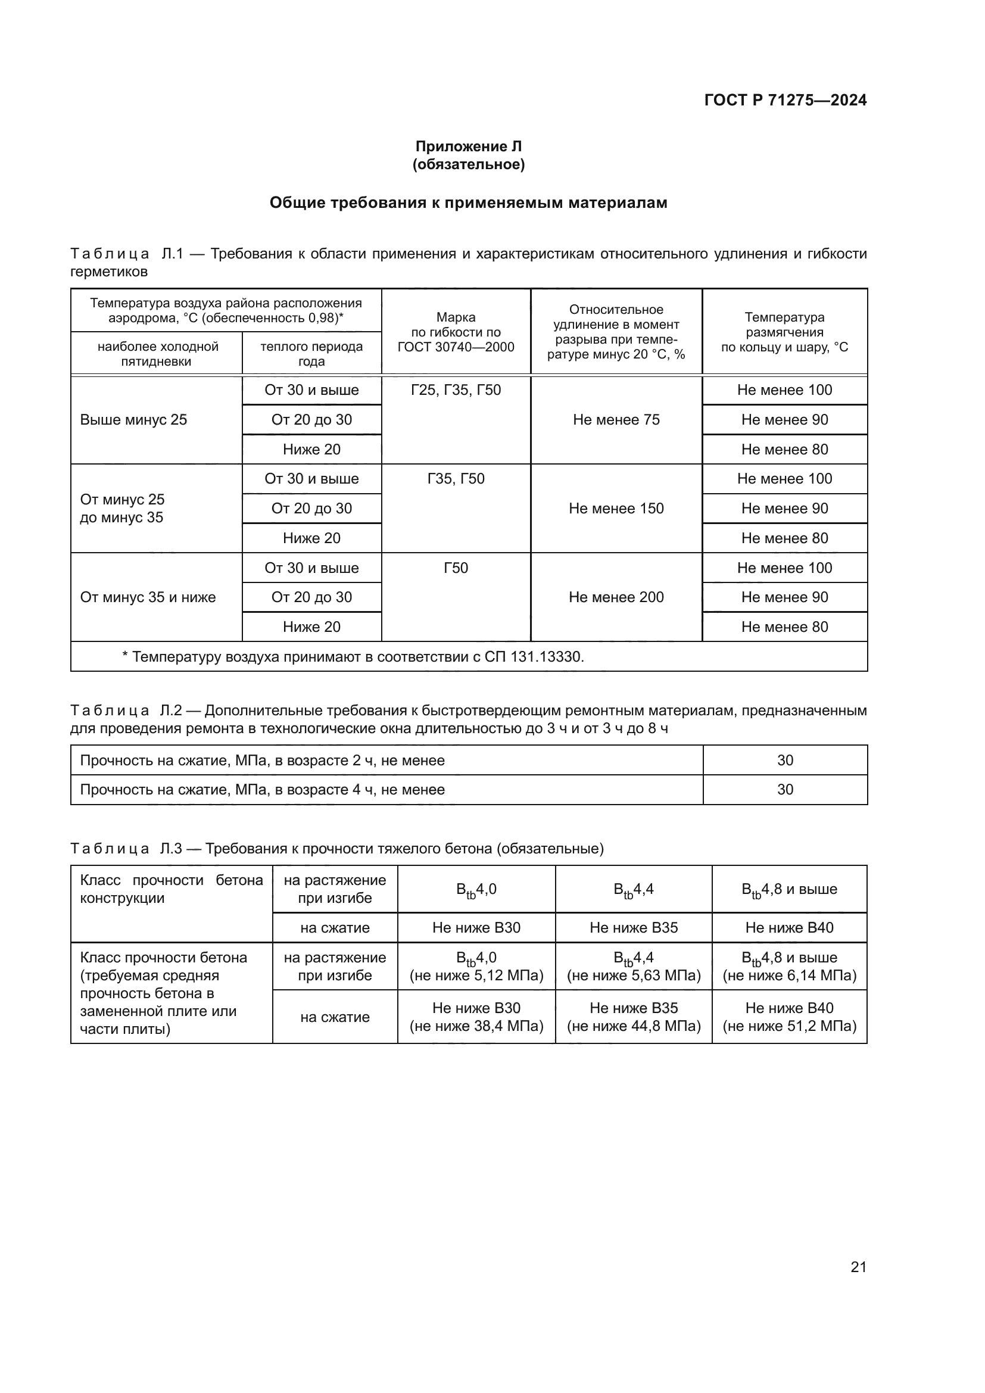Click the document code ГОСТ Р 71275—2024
pyautogui.click(x=785, y=100)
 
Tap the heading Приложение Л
pyautogui.click(x=468, y=147)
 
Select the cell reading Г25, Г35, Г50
pyautogui.click(x=456, y=390)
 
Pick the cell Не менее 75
pyautogui.click(x=616, y=420)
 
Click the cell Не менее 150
pyautogui.click(x=616, y=509)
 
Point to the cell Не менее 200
pyautogui.click(x=616, y=597)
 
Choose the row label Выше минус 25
pyautogui.click(x=133, y=420)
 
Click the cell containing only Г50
pyautogui.click(x=456, y=568)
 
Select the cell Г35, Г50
pyautogui.click(x=456, y=479)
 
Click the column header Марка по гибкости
pyautogui.click(x=456, y=332)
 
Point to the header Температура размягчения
pyautogui.click(x=784, y=332)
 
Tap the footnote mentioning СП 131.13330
pyautogui.click(x=353, y=656)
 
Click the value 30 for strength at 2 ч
pyautogui.click(x=785, y=760)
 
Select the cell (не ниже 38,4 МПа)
pyautogui.click(x=476, y=1026)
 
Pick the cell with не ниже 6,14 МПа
pyautogui.click(x=789, y=976)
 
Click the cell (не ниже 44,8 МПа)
pyautogui.click(x=633, y=1026)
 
